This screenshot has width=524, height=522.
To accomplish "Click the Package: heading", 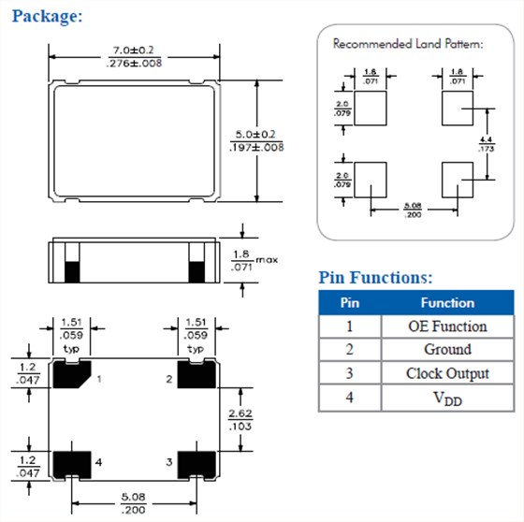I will [49, 16].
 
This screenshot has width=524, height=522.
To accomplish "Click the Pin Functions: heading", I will [375, 277].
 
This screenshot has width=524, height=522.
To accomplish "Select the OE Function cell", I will [447, 326].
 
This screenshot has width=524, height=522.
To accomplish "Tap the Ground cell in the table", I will [447, 350].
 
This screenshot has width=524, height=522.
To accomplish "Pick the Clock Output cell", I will [447, 373].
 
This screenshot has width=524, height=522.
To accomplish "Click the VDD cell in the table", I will [447, 398].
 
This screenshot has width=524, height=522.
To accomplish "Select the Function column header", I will [447, 303].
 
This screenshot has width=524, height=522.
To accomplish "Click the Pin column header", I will [349, 303].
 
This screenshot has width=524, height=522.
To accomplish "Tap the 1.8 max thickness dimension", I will [243, 259].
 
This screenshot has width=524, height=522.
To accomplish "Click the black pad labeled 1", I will [71, 376].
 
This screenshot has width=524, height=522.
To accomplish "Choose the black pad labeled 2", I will [196, 376].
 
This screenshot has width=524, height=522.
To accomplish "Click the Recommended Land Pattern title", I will [408, 44].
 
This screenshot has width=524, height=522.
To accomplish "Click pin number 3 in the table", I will [349, 373].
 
